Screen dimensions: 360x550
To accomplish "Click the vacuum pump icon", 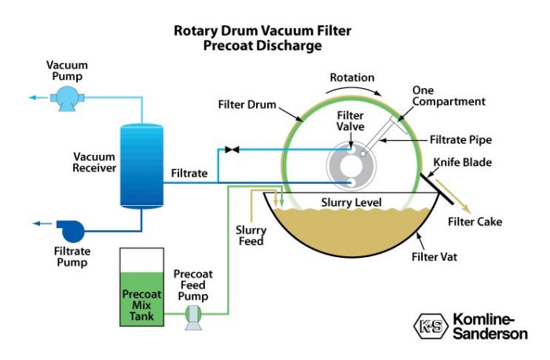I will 62,97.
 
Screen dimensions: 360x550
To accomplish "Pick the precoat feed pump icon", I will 193,316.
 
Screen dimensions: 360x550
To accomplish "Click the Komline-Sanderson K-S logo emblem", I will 429,325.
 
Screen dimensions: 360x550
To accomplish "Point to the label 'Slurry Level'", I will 351,203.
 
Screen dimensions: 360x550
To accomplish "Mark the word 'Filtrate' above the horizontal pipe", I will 189,171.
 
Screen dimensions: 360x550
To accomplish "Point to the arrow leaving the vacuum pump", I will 35,97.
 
